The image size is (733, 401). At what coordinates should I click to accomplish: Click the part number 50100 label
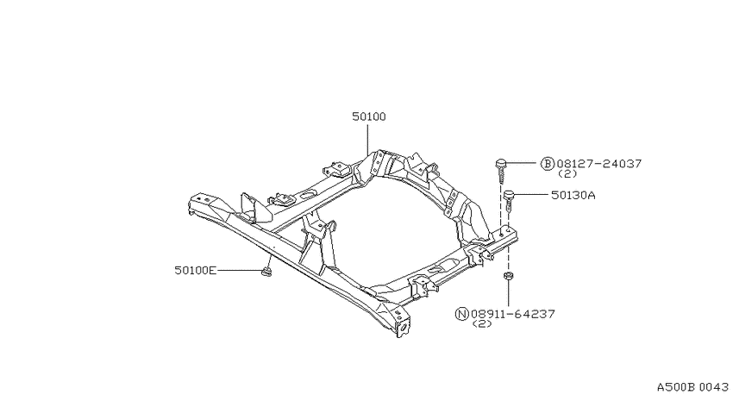[369, 116]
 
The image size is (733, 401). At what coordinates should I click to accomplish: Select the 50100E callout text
[196, 270]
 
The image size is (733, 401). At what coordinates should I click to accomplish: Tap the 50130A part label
[573, 195]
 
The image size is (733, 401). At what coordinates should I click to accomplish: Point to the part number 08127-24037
[598, 164]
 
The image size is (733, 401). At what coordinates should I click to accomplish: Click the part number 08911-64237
[513, 314]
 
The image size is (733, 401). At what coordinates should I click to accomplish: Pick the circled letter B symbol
[548, 164]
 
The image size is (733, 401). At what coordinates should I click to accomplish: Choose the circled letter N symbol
[462, 314]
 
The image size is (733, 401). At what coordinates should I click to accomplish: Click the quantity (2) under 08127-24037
[567, 174]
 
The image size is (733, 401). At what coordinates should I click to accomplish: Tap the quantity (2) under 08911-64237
[482, 324]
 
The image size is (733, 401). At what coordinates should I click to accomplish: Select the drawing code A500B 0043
[692, 387]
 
